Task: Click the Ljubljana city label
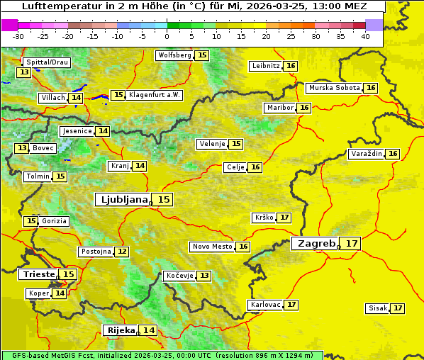click(122, 200)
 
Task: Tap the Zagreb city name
click(316, 243)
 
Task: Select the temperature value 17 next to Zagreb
click(352, 243)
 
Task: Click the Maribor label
click(279, 108)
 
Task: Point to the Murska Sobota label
click(333, 88)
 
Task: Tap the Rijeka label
click(121, 330)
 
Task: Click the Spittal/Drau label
click(47, 62)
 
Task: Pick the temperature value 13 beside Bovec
click(22, 148)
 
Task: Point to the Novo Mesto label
click(212, 247)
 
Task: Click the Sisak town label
click(377, 308)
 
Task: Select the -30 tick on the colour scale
click(18, 36)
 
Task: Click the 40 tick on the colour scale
click(365, 36)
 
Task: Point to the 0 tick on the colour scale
click(167, 36)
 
